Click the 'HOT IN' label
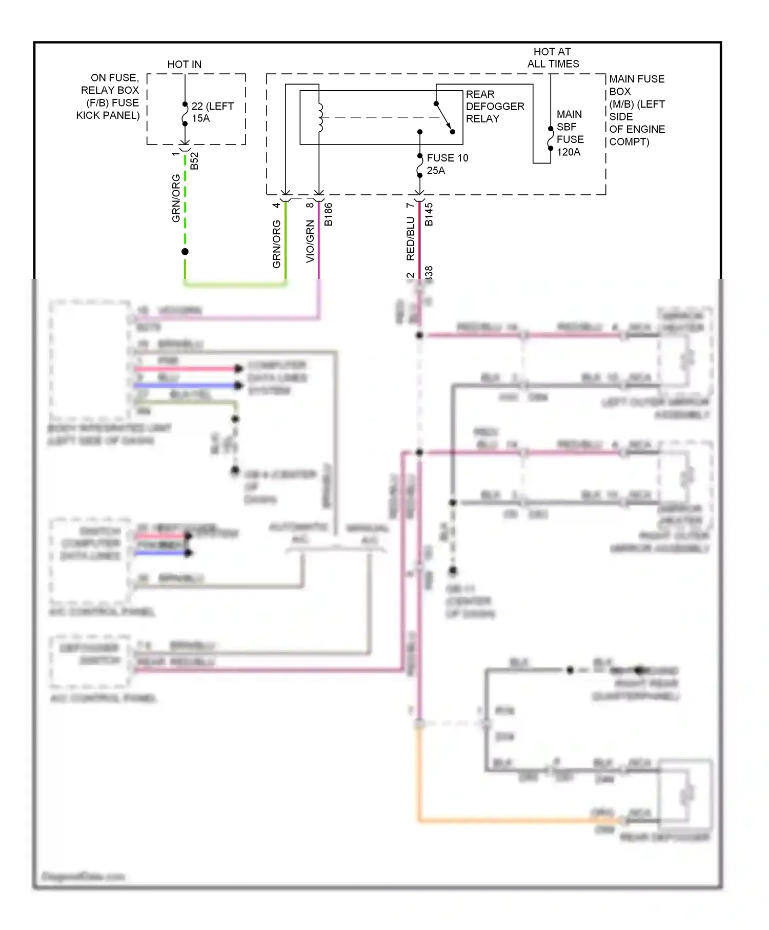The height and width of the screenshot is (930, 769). tap(184, 64)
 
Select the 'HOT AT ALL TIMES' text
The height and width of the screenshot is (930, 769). tap(553, 57)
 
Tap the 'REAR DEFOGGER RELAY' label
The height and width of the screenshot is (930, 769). tap(494, 106)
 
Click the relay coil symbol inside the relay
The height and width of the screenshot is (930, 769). tap(320, 117)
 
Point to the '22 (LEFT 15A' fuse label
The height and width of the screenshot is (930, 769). tap(212, 112)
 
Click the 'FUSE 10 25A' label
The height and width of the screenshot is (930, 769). tap(447, 164)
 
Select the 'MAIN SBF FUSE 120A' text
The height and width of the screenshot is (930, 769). tap(570, 133)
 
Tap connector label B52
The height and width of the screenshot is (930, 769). tap(194, 161)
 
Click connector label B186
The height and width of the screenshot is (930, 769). tap(329, 214)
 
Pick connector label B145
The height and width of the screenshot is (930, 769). tap(429, 214)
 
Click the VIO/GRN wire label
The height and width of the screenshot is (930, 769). tap(310, 241)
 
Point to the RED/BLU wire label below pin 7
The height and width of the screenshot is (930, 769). tap(410, 238)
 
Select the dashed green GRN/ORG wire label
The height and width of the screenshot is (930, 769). tap(176, 198)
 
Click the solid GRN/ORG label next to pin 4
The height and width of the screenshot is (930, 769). tap(276, 244)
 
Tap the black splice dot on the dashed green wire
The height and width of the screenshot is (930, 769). tap(185, 251)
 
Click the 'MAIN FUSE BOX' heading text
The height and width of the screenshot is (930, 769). tap(636, 79)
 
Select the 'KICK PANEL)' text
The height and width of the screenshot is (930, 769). tap(108, 115)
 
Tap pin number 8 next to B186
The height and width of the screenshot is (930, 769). tap(310, 205)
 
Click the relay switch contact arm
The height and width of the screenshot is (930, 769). tap(444, 117)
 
